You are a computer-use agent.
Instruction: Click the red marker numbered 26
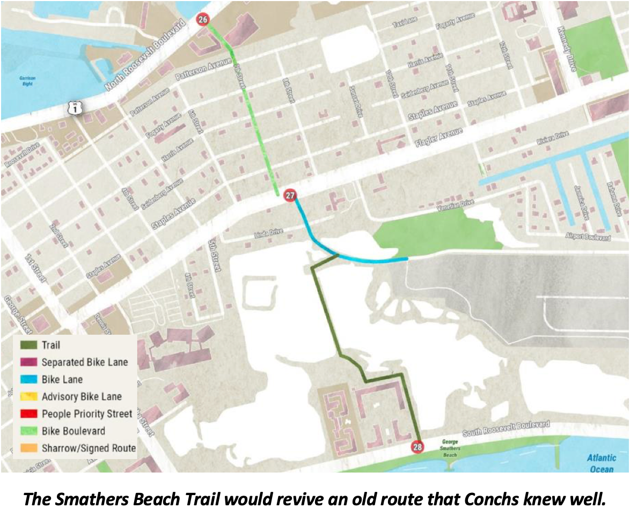click(202, 20)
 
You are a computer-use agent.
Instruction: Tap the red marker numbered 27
click(290, 195)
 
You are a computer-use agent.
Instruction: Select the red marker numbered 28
click(417, 446)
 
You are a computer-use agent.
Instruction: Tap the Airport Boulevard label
click(588, 237)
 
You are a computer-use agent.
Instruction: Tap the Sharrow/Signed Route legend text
click(89, 448)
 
